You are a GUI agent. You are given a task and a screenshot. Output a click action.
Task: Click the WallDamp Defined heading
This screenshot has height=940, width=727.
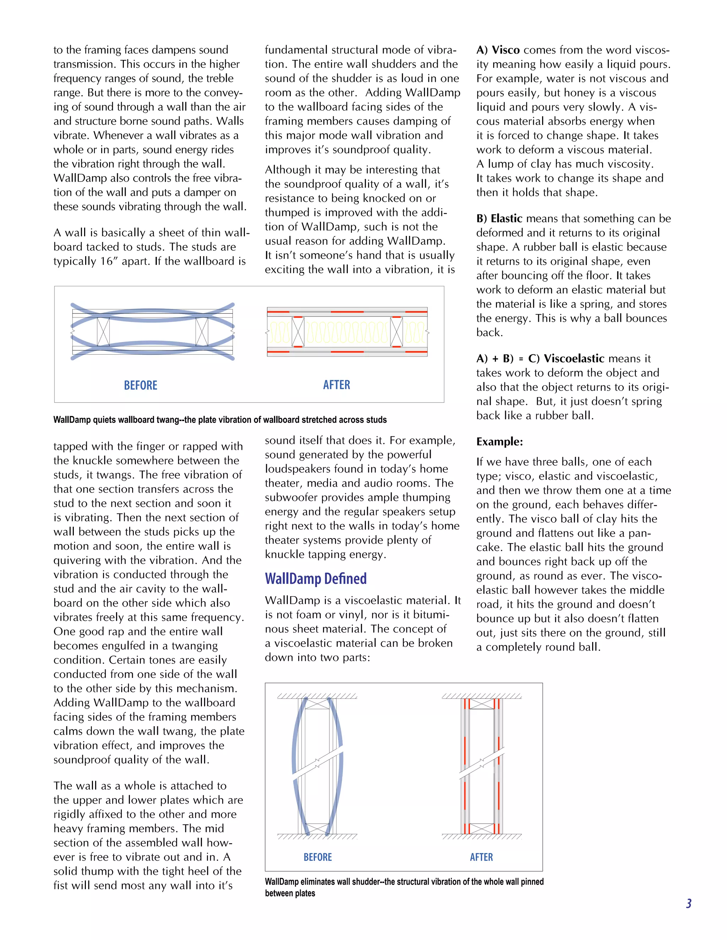point(316,579)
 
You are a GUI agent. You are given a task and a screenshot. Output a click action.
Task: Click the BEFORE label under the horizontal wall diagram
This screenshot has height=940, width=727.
point(141,385)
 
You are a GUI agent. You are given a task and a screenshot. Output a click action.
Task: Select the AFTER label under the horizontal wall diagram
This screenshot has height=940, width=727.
point(337,385)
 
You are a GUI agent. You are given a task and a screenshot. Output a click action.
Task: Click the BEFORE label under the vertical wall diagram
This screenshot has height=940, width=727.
point(317,857)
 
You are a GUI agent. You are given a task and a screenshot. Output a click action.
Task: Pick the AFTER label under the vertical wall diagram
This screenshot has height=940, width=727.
point(481,857)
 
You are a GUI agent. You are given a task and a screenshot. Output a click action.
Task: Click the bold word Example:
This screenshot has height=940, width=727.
point(499,442)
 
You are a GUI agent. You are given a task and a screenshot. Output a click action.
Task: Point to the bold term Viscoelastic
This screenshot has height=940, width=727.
point(574,359)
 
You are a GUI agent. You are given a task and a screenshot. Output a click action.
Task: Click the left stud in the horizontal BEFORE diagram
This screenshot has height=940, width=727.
point(103,331)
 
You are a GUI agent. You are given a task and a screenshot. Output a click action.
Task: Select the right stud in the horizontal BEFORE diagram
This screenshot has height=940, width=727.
point(202,331)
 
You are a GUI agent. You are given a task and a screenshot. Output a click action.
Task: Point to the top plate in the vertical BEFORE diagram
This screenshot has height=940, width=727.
point(317,704)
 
